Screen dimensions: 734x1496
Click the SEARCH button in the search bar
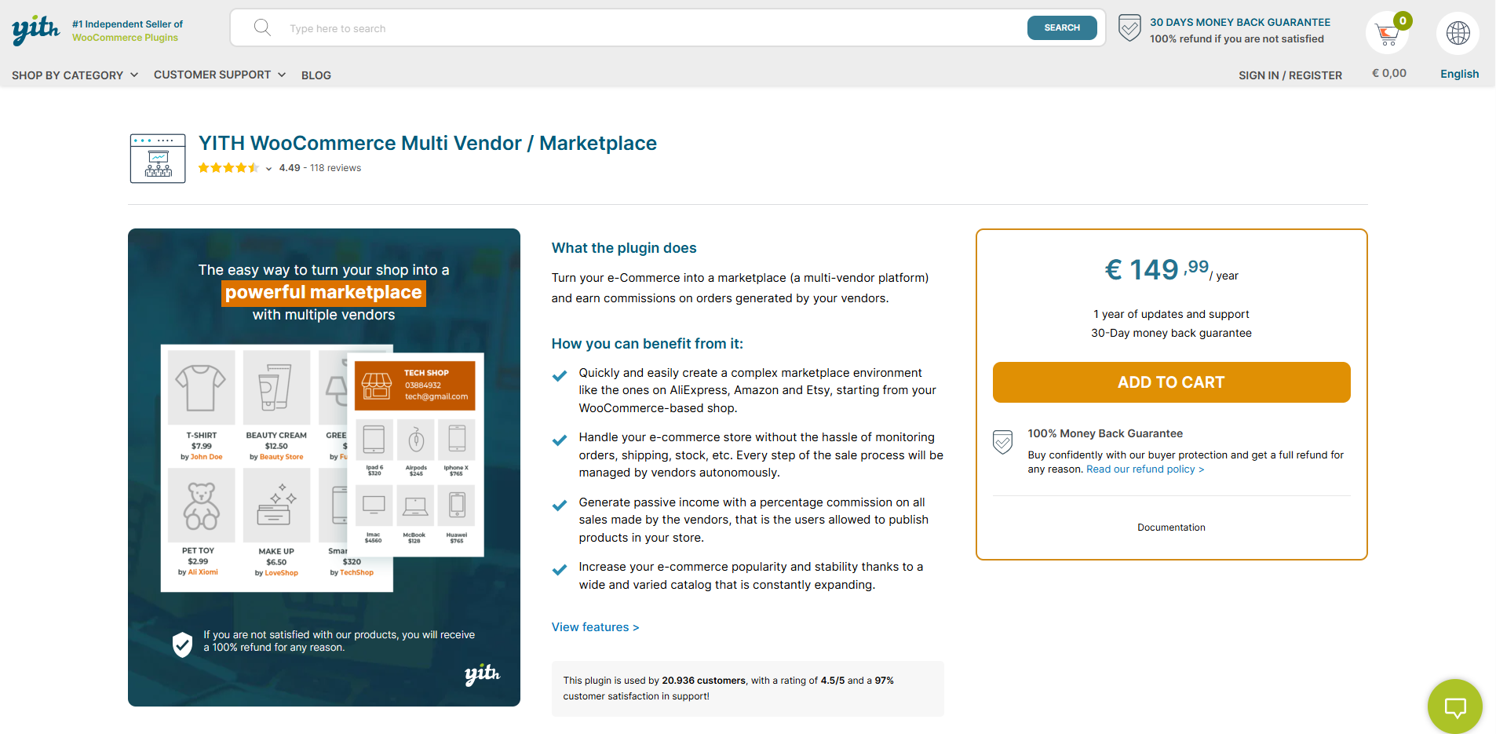coord(1061,27)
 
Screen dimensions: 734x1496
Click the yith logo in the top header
coord(35,29)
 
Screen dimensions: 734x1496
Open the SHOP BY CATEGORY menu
coord(75,75)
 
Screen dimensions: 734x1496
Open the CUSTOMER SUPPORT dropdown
coord(219,75)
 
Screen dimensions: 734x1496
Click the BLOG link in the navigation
coord(316,75)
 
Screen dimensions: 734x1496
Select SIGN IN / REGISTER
coord(1290,75)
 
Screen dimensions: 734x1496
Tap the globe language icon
coord(1458,33)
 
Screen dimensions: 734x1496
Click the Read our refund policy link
coord(1144,469)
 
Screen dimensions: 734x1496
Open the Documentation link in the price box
coord(1171,528)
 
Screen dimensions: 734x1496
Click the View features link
coord(595,627)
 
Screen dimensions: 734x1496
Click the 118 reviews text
coord(335,168)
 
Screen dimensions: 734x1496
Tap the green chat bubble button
coord(1454,707)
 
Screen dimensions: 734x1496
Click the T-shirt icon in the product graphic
coord(201,387)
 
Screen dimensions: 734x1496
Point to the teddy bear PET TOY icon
coord(201,506)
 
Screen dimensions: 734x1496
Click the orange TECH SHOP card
coord(414,385)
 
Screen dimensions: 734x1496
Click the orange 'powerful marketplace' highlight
coord(323,292)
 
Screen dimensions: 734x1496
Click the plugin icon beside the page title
coord(158,159)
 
